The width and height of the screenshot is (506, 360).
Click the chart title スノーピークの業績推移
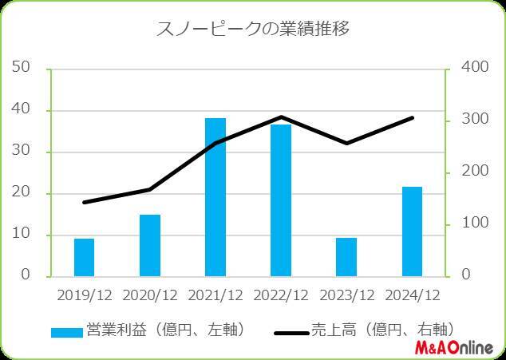(252, 30)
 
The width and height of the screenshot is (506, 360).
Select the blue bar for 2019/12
(84, 256)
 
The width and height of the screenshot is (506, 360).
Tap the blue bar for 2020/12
(150, 245)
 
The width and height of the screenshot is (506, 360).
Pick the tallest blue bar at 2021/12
(215, 196)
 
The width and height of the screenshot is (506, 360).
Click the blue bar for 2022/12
(281, 200)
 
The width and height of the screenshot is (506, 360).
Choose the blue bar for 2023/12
(346, 256)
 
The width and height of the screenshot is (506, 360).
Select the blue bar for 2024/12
(412, 231)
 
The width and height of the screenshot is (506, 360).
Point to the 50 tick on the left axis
(22, 67)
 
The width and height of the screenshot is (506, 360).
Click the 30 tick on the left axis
(22, 152)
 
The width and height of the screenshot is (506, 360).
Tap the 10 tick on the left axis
(22, 235)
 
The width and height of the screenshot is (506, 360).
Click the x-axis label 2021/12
(215, 295)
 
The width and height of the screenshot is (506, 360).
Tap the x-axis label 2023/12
(346, 295)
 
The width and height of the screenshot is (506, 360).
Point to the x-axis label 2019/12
(85, 295)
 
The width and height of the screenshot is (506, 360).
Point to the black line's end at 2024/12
(412, 118)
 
